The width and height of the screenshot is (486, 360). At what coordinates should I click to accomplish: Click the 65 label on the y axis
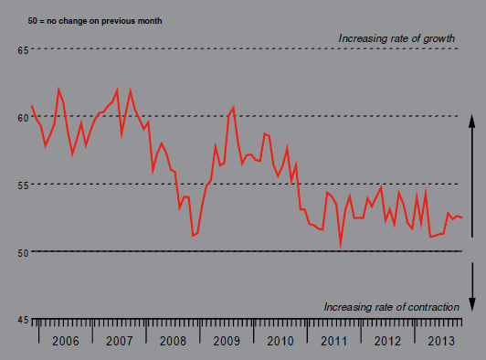23,50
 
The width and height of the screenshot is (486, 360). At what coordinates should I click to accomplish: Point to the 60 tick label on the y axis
23,118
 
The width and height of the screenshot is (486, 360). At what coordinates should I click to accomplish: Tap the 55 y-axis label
23,185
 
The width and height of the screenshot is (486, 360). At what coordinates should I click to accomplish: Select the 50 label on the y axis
23,253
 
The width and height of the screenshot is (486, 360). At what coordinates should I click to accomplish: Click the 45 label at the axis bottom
23,320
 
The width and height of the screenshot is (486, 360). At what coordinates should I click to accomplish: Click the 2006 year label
66,341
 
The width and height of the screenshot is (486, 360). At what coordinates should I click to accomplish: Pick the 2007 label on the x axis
120,341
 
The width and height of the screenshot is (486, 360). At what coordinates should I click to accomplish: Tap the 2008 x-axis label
173,341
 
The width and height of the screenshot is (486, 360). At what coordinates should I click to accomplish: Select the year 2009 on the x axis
227,341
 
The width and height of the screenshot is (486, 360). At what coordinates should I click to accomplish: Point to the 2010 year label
280,341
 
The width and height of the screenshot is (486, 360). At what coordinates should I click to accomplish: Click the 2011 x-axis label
333,341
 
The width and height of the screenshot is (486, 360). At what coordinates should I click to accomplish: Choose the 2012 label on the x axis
387,341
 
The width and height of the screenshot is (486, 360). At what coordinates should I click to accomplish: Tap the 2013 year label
441,341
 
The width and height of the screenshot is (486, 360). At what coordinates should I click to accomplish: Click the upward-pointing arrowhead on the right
471,121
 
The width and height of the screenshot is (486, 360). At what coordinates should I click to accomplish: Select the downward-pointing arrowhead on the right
472,304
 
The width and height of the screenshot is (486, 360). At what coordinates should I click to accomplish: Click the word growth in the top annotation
438,38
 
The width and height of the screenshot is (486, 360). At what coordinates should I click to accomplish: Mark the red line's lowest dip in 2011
341,248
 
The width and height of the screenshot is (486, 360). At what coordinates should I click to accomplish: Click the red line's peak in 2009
233,107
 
